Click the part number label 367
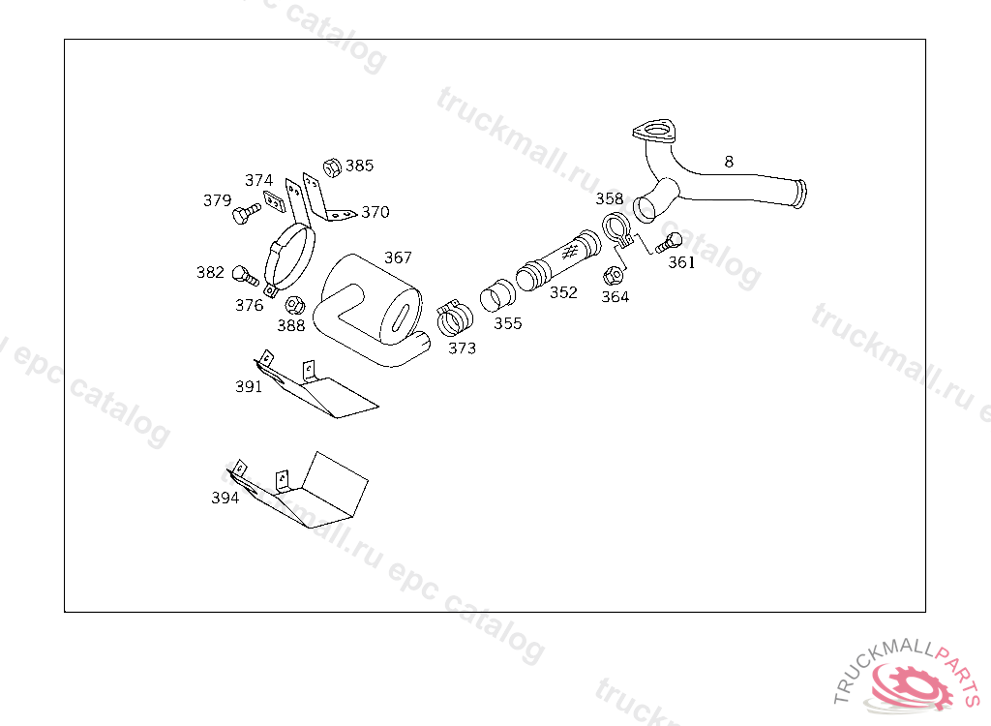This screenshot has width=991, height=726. [398, 257]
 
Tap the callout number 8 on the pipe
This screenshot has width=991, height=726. [729, 162]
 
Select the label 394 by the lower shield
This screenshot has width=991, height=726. [225, 498]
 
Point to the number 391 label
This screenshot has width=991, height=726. [249, 386]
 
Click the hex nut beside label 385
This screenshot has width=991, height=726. [329, 166]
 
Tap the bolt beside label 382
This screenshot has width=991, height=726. [243, 275]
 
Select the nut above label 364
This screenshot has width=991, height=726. [612, 275]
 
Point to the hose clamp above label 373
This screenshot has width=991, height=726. [453, 316]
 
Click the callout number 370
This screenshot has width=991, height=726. [375, 213]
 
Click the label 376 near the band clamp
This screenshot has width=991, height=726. [249, 306]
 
